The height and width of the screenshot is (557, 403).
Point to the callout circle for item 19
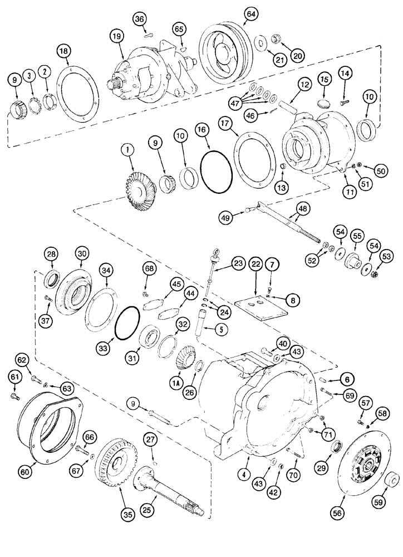click(116, 37)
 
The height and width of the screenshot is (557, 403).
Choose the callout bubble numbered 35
click(127, 515)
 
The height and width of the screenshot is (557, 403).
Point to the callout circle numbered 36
click(139, 19)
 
